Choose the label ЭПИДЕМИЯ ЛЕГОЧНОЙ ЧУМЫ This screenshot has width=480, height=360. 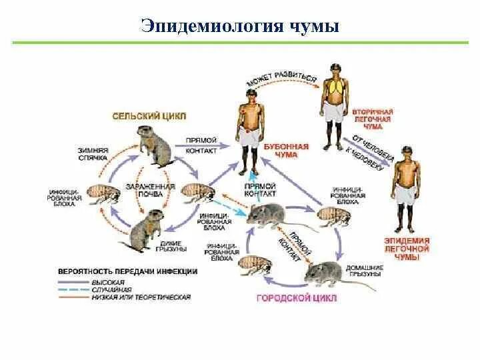406,247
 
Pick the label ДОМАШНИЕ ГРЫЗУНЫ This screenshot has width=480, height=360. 363,271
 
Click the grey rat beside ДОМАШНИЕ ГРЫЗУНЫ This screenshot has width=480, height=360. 326,273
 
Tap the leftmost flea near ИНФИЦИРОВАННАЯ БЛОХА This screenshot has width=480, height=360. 101,197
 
